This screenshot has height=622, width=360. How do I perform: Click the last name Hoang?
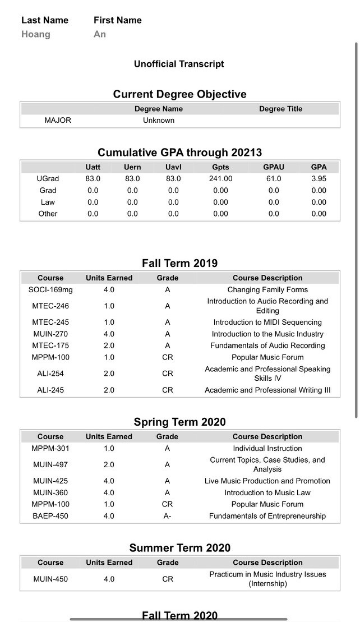36,34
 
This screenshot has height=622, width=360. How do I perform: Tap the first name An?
100,34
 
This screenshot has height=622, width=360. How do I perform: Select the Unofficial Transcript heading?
179,64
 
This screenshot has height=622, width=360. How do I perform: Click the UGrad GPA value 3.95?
319,178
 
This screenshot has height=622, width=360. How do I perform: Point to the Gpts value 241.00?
220,178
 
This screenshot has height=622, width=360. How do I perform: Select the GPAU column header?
274,167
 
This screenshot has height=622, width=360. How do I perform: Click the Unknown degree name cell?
159,120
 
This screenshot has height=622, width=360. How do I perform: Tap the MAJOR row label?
58,120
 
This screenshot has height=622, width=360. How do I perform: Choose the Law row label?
48,202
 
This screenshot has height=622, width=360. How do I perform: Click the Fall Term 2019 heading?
179,263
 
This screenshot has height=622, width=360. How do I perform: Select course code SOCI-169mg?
50,289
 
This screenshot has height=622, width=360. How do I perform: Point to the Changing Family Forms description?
267,289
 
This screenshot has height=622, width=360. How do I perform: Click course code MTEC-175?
50,345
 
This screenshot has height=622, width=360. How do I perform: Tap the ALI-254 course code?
50,374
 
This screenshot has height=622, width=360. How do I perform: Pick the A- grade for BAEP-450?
167,516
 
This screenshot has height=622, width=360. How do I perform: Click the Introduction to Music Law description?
267,492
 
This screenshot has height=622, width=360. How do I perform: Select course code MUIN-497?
50,464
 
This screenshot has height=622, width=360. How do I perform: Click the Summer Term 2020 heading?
179,548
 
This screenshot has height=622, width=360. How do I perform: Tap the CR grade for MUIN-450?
167,579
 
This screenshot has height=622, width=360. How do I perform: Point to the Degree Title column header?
280,109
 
